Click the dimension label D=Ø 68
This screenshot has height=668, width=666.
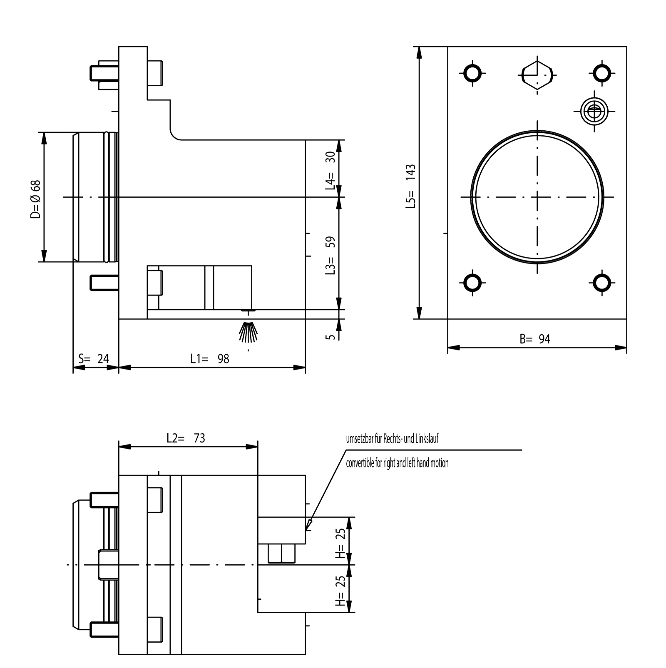36,199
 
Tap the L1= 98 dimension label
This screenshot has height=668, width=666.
210,358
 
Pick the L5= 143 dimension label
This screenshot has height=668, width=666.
411,186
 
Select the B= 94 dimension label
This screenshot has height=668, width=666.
535,339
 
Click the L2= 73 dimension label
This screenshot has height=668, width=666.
186,438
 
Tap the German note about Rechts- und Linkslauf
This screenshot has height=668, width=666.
392,439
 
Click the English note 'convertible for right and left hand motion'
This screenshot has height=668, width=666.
397,463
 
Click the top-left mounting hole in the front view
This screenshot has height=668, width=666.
472,74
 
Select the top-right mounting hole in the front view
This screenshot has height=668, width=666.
601,74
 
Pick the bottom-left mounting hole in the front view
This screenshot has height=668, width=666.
472,283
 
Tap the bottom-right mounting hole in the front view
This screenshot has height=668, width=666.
601,283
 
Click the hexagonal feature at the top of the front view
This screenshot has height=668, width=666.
537,74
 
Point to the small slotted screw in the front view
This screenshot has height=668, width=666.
594,111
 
